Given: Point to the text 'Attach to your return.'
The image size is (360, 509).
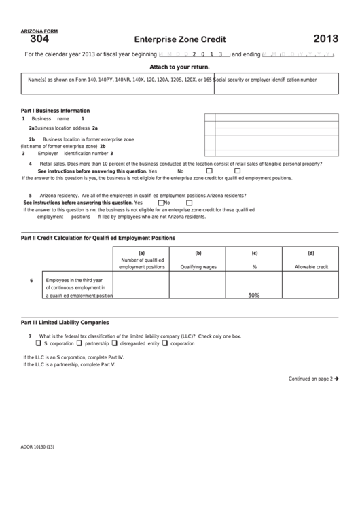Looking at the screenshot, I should click(179, 67).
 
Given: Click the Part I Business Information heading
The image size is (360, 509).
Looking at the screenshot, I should click(56, 111).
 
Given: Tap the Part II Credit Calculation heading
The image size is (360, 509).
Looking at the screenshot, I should click(98, 238).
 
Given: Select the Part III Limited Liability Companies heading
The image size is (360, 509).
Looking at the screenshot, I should click(65, 322).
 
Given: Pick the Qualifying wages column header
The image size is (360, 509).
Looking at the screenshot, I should click(198, 267).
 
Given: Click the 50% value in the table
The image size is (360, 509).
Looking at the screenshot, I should click(254, 296).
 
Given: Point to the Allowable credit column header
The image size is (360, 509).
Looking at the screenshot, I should click(310, 267).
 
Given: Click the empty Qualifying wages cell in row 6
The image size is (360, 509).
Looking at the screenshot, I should click(198, 286).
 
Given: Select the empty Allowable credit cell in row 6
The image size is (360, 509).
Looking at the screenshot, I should click(310, 286).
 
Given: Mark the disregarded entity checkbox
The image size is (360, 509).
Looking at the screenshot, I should click(114, 344).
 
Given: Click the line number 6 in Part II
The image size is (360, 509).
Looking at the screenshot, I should click(31, 281).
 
